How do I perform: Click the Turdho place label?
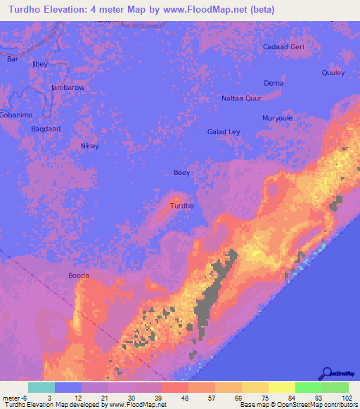click(x=182, y=206)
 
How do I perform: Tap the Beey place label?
click(x=181, y=173)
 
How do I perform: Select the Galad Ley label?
click(x=224, y=132)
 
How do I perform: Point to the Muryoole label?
click(x=277, y=118)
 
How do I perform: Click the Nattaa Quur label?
click(x=241, y=98)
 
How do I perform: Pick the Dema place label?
click(x=274, y=83)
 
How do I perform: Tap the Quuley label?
click(x=333, y=72)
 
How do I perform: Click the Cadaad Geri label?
click(x=283, y=47)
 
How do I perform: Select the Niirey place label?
click(x=89, y=145)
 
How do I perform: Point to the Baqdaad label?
click(x=46, y=129)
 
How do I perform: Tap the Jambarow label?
click(x=67, y=88)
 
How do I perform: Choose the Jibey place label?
click(x=40, y=64)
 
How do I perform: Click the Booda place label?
click(x=78, y=276)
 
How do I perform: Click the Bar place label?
click(x=12, y=59)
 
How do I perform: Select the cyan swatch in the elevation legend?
click(x=41, y=387)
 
